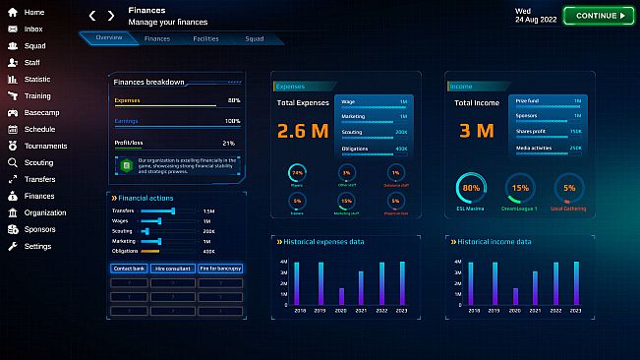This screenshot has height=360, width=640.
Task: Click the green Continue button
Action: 600,16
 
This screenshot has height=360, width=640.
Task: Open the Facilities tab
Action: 205,39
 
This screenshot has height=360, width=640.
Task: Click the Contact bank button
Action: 130,268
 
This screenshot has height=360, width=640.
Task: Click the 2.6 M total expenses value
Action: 304,131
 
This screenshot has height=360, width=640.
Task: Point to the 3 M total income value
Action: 477,131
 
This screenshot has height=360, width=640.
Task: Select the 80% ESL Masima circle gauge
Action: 471,188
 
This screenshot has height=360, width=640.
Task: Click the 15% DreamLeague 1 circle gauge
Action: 520,188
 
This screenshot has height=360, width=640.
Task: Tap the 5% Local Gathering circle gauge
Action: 569,188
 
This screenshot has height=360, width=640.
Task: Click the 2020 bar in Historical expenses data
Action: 341,296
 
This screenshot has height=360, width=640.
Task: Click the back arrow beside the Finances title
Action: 92,16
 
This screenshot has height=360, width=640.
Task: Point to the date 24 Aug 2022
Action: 536,20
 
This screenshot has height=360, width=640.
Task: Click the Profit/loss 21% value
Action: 228,143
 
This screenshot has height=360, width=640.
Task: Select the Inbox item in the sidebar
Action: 33,29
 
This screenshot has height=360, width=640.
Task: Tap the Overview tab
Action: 109,39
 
